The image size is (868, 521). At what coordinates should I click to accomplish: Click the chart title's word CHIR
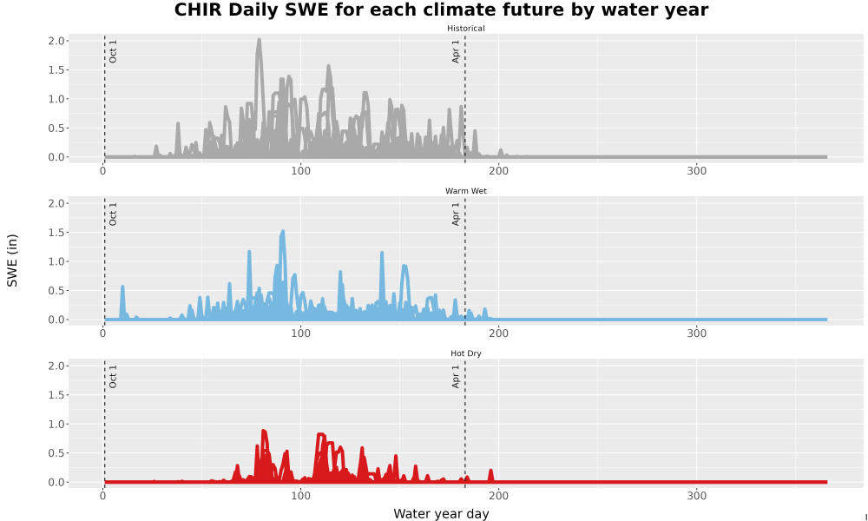197,10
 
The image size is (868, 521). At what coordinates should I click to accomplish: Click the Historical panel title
465,29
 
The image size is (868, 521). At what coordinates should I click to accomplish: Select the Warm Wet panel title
465,191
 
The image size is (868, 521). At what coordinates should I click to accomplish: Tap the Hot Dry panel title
465,353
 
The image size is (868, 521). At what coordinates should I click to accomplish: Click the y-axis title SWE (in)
12,260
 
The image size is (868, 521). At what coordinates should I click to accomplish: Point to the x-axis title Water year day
441,514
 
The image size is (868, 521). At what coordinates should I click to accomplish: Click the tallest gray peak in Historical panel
259,40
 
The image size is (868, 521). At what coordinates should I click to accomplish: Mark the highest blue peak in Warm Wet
282,232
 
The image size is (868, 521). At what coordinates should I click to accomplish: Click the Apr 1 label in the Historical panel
456,51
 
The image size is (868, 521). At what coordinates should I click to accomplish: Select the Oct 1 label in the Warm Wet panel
113,214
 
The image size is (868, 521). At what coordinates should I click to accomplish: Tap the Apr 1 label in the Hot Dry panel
456,376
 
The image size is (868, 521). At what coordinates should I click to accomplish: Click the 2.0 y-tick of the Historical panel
57,41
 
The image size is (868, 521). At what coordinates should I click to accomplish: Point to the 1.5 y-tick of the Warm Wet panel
57,233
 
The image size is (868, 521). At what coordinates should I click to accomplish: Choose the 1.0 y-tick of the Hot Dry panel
57,424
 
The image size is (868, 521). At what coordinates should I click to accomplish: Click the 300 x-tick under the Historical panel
696,171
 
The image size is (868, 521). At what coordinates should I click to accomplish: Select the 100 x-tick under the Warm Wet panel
300,333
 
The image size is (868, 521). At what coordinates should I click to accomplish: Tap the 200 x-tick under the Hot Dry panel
499,496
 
